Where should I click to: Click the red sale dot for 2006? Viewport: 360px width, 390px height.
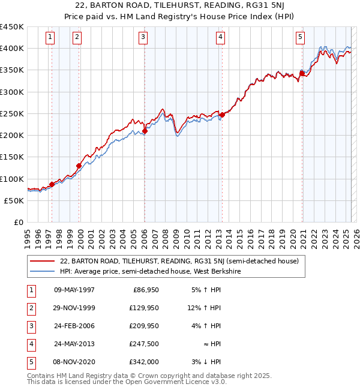pos(145,131)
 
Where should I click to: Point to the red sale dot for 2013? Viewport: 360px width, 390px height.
pos(221,115)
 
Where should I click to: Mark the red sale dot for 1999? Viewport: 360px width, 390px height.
pos(79,166)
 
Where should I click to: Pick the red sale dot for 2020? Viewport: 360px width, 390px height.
pos(302,74)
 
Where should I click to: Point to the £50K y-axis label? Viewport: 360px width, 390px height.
pos(14,200)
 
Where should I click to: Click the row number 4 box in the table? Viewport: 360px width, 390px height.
pos(31,344)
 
